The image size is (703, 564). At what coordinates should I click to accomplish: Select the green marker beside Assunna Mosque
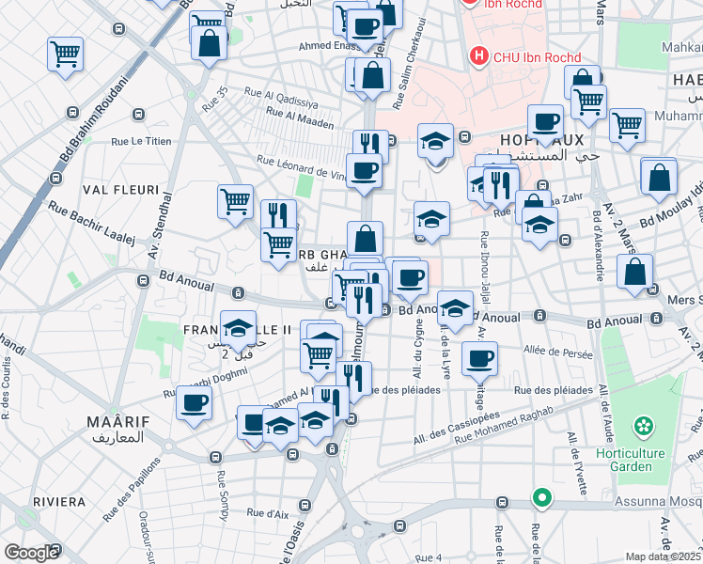[x=540, y=497]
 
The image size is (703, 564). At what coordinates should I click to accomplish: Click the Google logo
[x=31, y=553]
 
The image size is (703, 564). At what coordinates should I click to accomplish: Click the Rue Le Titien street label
[x=141, y=142]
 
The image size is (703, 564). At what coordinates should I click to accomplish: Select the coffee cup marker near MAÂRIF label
[x=195, y=404]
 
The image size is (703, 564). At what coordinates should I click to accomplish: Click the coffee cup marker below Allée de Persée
[x=480, y=357]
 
